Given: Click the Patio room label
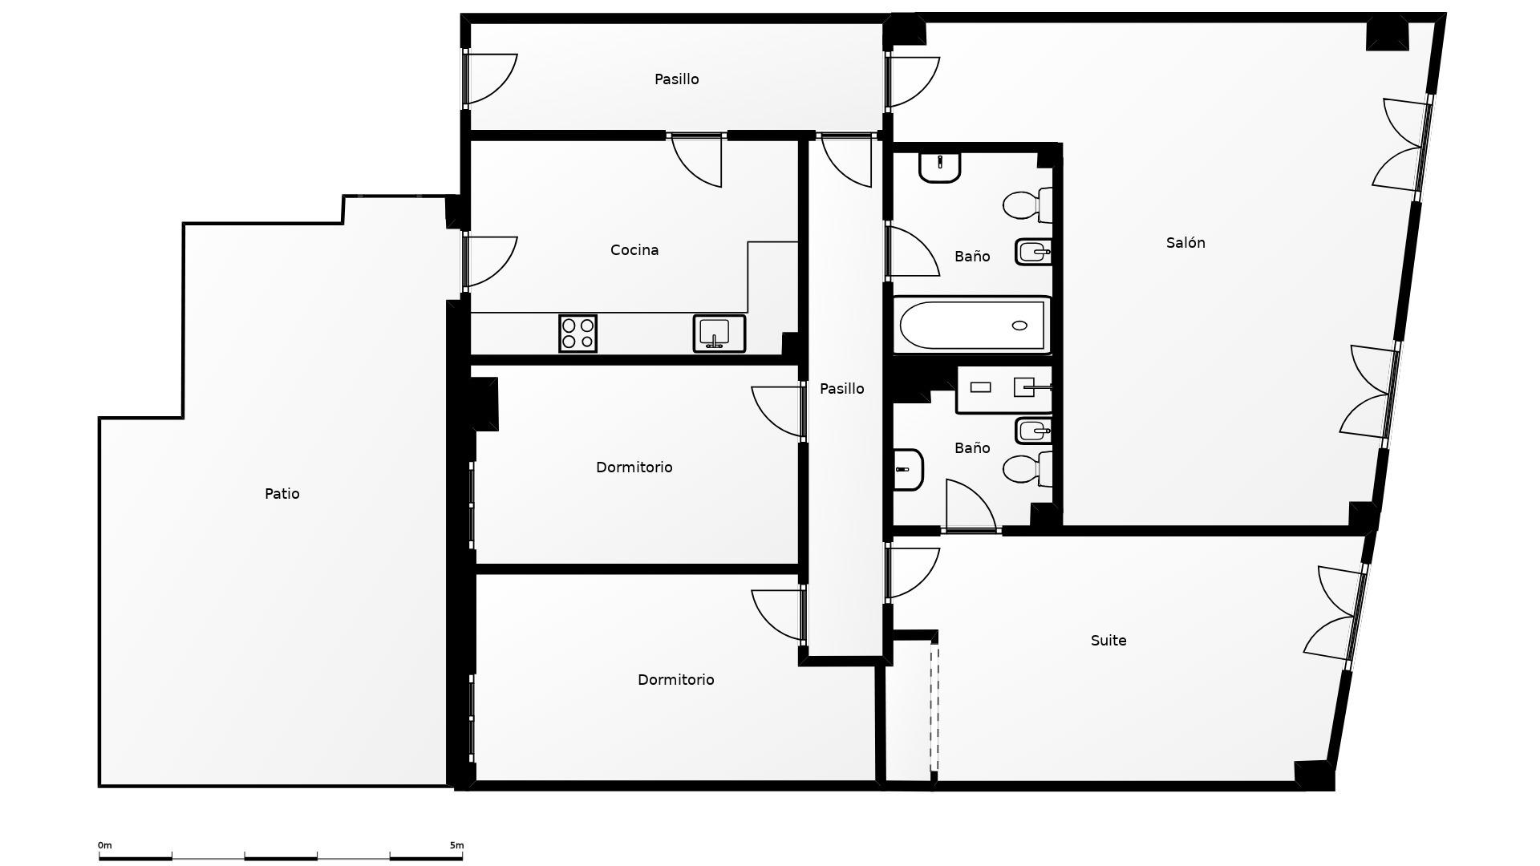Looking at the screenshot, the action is click(x=282, y=494).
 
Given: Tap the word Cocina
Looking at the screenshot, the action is click(x=634, y=250).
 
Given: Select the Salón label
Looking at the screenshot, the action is click(x=1185, y=243).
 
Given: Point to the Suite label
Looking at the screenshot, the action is click(x=1108, y=641).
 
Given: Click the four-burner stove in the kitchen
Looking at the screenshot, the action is click(x=577, y=334).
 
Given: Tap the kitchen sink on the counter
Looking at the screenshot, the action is click(x=719, y=334).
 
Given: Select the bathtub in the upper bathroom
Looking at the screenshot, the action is click(x=972, y=326).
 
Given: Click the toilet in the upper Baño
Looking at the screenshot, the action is click(x=1027, y=205).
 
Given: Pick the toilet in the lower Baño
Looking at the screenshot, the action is click(x=1027, y=469).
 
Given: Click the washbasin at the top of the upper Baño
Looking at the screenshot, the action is click(x=939, y=167).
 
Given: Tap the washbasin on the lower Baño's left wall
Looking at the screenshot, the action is click(x=909, y=469).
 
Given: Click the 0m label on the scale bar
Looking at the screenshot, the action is click(x=105, y=845).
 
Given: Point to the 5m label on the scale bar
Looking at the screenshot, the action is click(x=456, y=845).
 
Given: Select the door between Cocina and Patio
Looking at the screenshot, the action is click(x=490, y=261).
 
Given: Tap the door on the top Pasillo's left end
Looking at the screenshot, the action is click(x=490, y=79).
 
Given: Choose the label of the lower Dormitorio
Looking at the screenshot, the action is click(x=676, y=680).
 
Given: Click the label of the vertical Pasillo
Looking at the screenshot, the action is click(x=842, y=389).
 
